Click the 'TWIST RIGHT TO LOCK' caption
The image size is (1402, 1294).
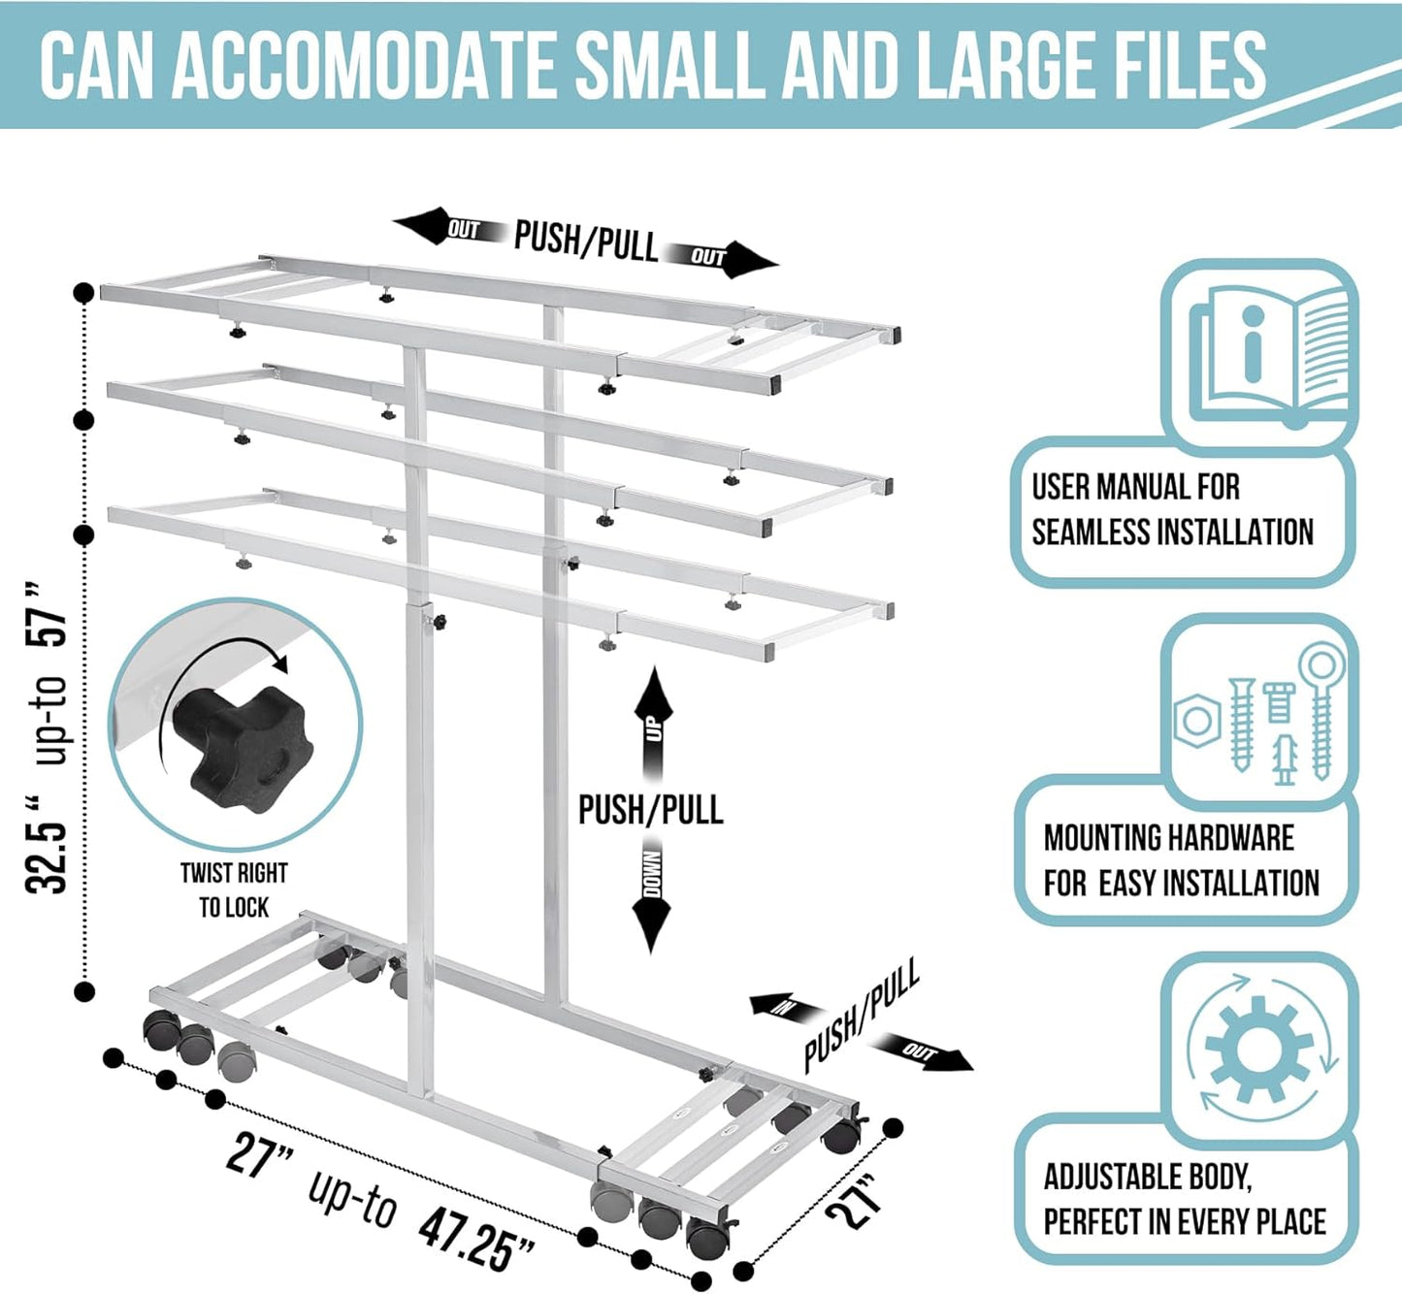point(234,890)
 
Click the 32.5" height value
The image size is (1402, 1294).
point(49,844)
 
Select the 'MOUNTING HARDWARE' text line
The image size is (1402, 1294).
point(1168,837)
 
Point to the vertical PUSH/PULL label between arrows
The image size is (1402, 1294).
point(650,809)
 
